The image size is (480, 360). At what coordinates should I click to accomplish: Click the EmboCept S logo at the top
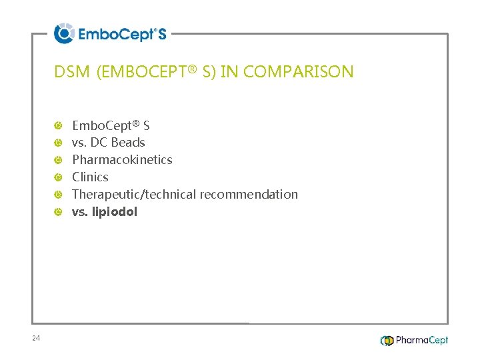pyautogui.click(x=111, y=33)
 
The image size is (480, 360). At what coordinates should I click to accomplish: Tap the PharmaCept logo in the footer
pyautogui.click(x=414, y=340)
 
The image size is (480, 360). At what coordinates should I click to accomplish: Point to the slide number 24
pyautogui.click(x=36, y=339)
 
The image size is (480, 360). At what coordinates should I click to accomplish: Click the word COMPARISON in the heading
pyautogui.click(x=299, y=72)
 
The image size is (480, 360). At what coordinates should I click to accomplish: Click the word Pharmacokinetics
pyautogui.click(x=122, y=160)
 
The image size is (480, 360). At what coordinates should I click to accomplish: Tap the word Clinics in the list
pyautogui.click(x=90, y=177)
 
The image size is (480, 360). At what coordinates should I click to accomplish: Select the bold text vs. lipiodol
pyautogui.click(x=105, y=212)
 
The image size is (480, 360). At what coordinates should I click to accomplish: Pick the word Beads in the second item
pyautogui.click(x=128, y=143)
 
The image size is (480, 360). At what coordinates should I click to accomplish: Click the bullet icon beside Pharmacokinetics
pyautogui.click(x=59, y=160)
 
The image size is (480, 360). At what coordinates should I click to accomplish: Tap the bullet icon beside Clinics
pyautogui.click(x=59, y=177)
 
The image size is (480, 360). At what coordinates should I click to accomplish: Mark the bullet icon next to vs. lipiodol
pyautogui.click(x=59, y=212)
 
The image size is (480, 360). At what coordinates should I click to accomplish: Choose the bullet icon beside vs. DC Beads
pyautogui.click(x=59, y=143)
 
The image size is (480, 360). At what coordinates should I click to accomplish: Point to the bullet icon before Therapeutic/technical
pyautogui.click(x=59, y=195)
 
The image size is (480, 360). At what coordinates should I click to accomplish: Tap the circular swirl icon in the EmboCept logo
pyautogui.click(x=64, y=33)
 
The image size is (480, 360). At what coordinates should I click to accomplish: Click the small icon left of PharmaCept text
pyautogui.click(x=387, y=341)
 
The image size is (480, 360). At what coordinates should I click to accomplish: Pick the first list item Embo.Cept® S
pyautogui.click(x=111, y=125)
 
